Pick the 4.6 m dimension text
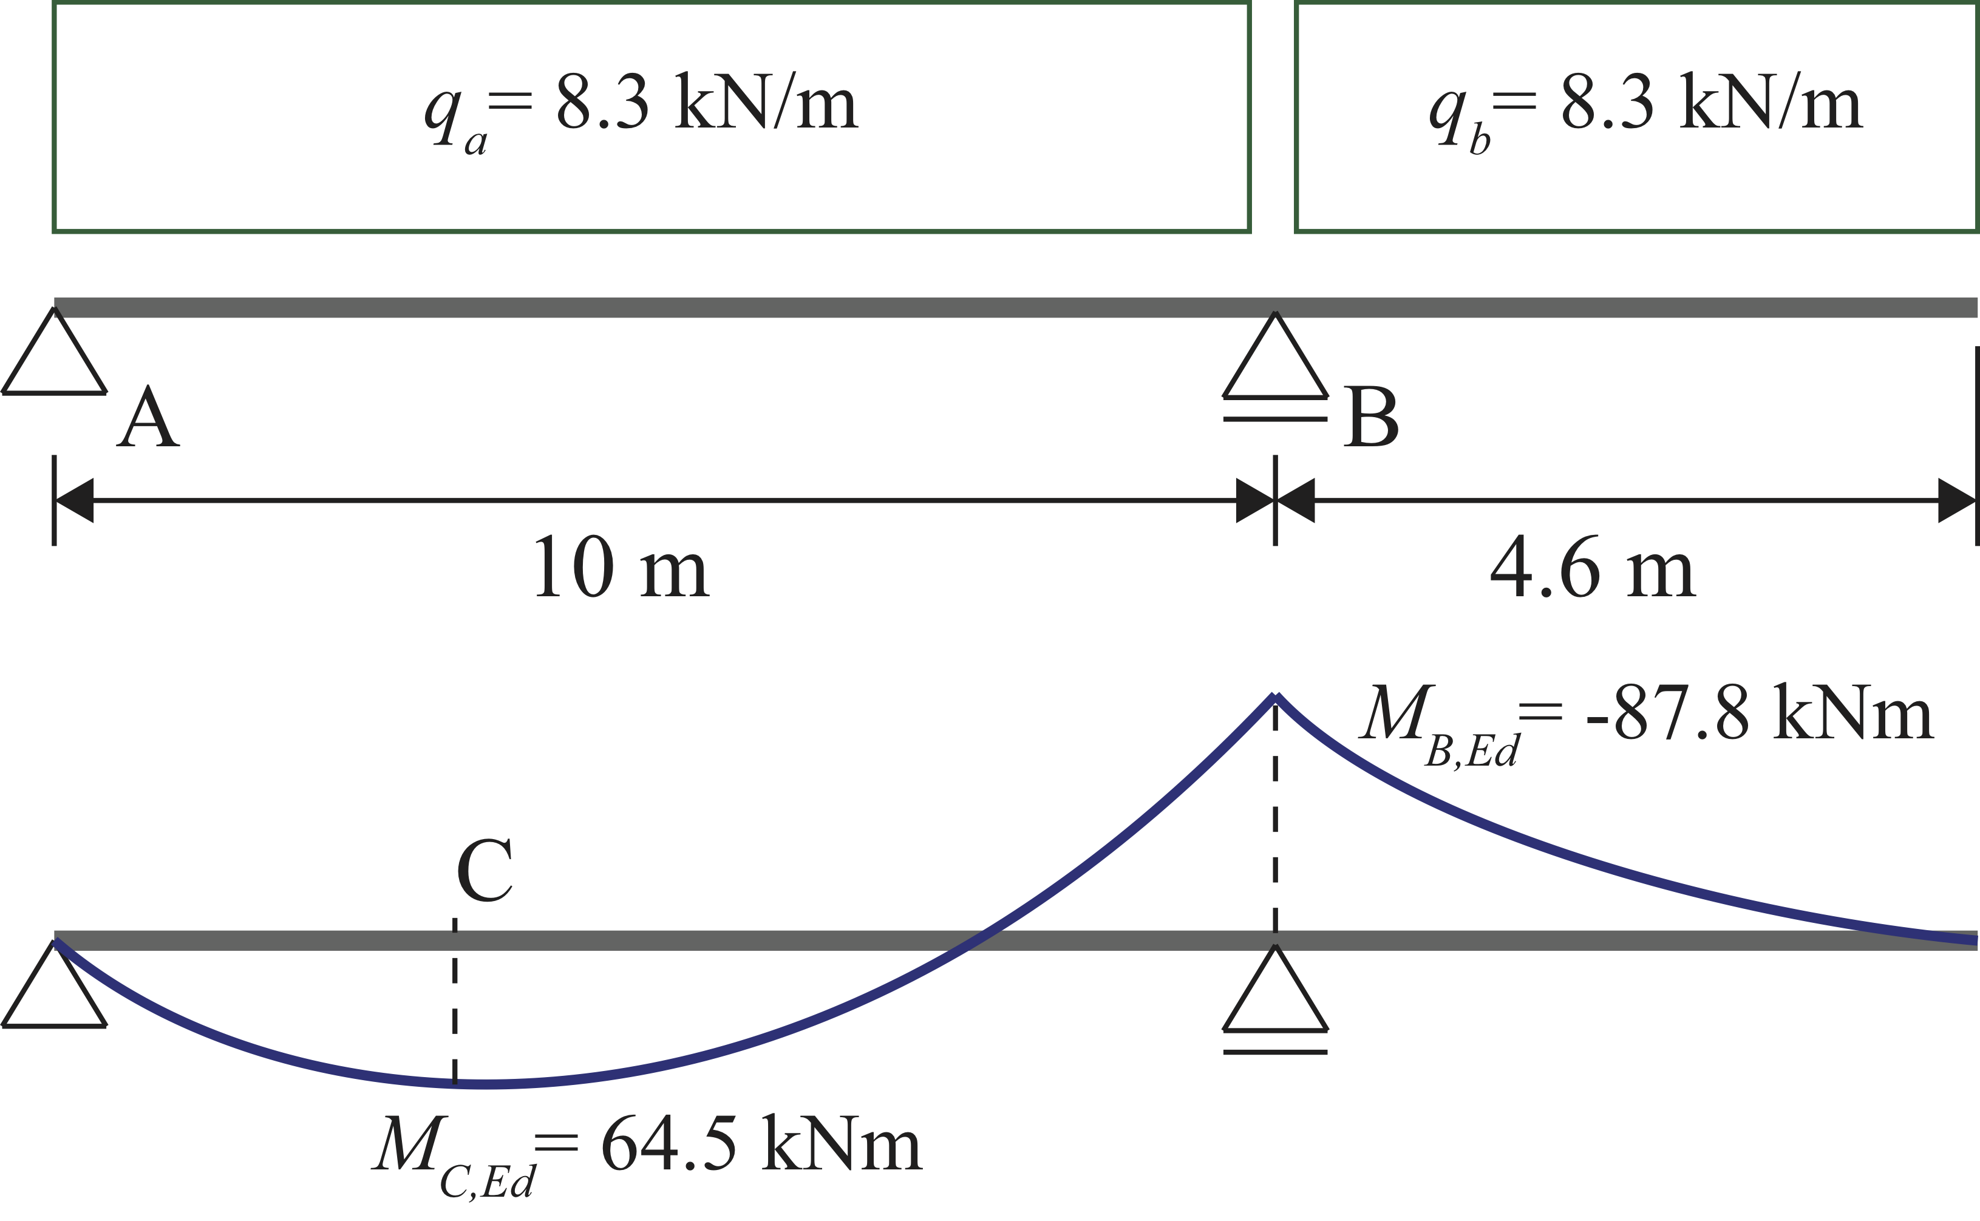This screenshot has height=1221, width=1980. (1593, 568)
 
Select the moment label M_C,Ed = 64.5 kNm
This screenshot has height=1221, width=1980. (647, 1155)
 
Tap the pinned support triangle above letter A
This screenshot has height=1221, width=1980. (54, 352)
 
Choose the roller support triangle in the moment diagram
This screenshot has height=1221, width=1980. (1275, 989)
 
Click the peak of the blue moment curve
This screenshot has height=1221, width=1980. (1275, 695)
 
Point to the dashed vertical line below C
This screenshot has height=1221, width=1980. (455, 1000)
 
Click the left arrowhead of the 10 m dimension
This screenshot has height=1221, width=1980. (74, 501)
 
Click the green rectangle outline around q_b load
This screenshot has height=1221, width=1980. (1297, 117)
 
